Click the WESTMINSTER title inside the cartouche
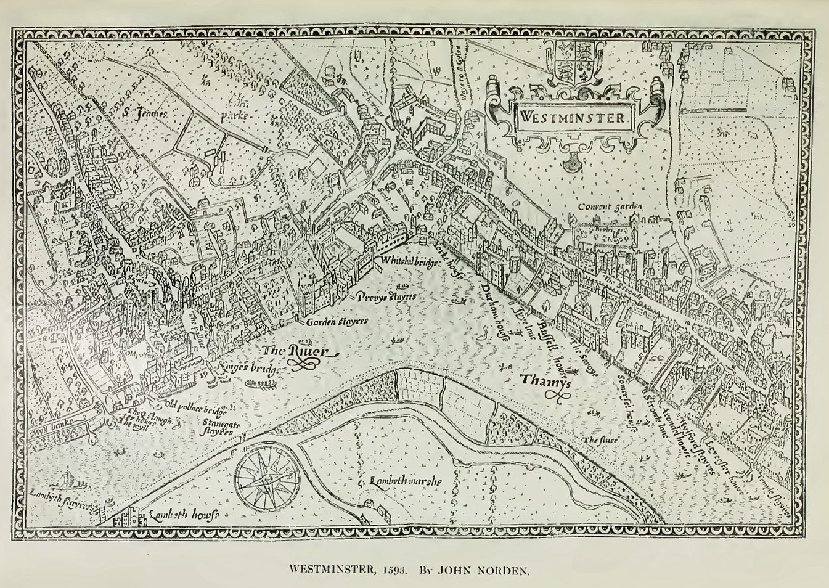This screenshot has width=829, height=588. coord(571,117)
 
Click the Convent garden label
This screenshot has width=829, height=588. coord(610,206)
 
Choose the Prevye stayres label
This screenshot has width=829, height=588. coord(386,296)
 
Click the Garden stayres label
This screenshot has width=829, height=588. coord(336,321)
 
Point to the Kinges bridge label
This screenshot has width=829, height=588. coord(250,368)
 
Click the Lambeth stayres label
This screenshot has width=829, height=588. coord(58,499)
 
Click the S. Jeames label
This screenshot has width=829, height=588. coord(144,112)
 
